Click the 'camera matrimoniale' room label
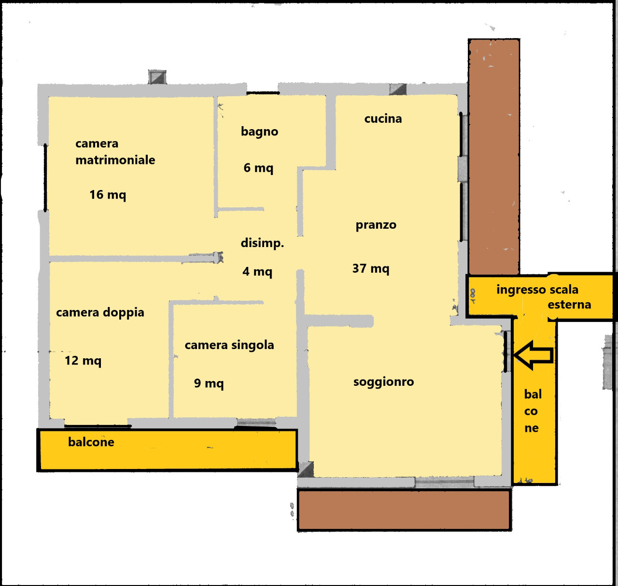coord(115,152)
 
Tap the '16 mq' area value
coord(108,195)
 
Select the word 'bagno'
coord(259,132)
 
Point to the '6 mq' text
coord(258,168)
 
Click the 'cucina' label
coord(383,118)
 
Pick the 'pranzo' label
coord(376,225)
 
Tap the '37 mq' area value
coord(370,269)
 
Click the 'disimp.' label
coord(262,243)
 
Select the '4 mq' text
coord(257,272)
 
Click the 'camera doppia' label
coord(100,313)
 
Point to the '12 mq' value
coord(83,361)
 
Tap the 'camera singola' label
coord(229,345)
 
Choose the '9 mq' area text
coord(209,383)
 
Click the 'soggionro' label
coord(383,382)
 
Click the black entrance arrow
coord(534,355)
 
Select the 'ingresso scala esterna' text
coord(544,297)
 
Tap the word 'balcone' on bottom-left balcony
coord(91,442)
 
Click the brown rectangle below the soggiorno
coord(404,510)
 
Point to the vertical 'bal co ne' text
coord(532,411)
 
